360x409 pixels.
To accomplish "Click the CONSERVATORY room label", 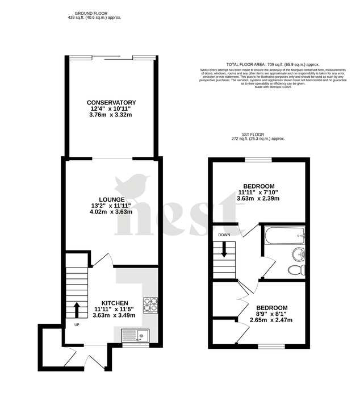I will click(112, 102).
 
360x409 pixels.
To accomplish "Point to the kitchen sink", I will click(134, 336).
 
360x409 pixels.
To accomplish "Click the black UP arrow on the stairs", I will click(77, 310).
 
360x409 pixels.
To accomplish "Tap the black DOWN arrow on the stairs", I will click(224, 249).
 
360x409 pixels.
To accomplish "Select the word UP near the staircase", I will click(77, 325).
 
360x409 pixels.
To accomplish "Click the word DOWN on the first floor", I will click(224, 234).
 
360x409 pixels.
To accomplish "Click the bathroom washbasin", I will click(300, 253).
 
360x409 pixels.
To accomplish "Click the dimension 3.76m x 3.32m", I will click(111, 115).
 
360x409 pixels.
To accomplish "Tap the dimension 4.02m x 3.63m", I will click(111, 212).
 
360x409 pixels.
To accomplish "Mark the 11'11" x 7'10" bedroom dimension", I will click(259, 193).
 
